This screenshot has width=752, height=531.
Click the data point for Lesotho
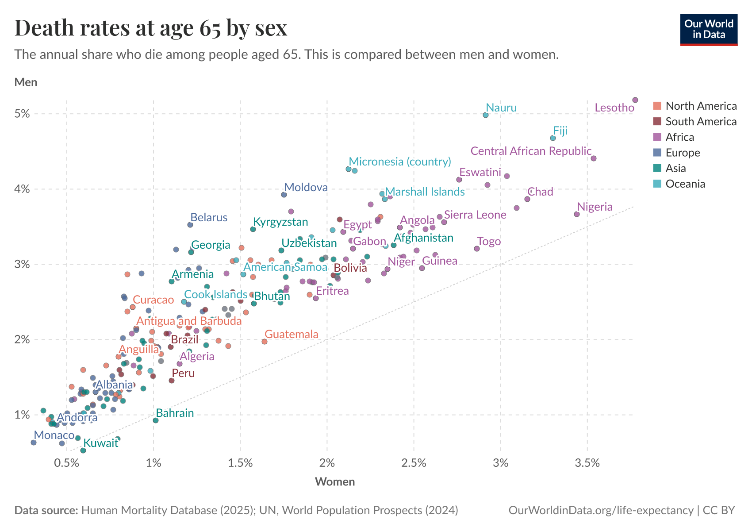pos(635,100)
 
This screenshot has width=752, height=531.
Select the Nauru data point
pos(486,115)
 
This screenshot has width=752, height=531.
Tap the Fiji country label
pos(560,131)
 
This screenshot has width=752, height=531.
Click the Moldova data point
pos(284,195)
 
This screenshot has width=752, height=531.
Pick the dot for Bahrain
pos(156,420)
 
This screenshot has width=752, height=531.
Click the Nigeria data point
pos(577,214)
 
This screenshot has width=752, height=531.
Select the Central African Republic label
pos(531,151)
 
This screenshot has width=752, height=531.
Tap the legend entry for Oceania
pos(685,184)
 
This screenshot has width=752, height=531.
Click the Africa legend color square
pos(657,137)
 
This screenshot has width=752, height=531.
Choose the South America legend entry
pos(701,121)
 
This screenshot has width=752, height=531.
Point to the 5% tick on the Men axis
pos(23,114)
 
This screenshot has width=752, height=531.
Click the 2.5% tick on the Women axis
pos(414,463)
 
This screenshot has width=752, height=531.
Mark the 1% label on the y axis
pos(23,415)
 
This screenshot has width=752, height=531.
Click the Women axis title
pos(335,481)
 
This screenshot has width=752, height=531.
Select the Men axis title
pos(26,82)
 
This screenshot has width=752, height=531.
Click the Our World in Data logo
pos(709,30)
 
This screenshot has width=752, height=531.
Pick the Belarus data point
pos(190,225)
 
